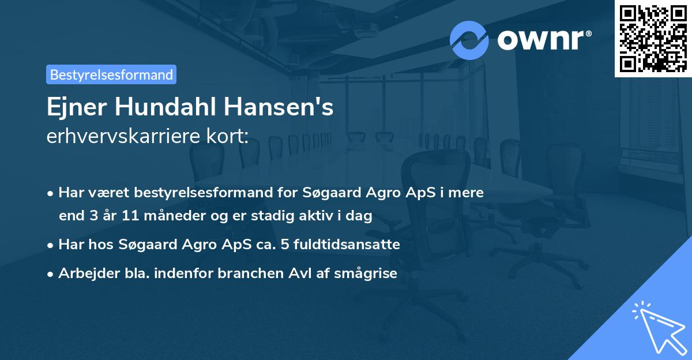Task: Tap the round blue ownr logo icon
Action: (x=469, y=40)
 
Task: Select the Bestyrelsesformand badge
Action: (x=111, y=74)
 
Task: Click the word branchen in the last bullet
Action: (x=246, y=273)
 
